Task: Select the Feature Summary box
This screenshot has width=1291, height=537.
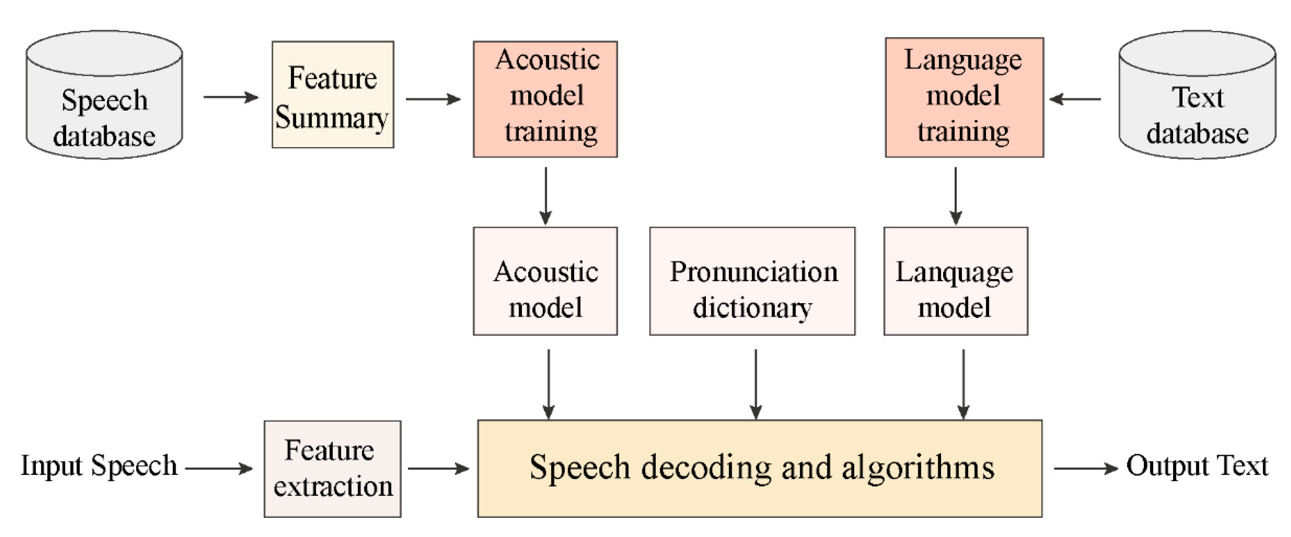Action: tap(333, 94)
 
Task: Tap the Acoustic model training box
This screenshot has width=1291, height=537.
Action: tap(545, 99)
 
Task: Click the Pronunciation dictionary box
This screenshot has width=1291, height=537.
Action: tap(752, 281)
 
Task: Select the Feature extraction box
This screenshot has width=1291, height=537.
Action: tap(332, 469)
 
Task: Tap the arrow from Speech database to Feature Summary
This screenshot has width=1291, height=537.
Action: tap(230, 97)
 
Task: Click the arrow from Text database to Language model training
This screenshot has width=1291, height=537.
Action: tap(1075, 99)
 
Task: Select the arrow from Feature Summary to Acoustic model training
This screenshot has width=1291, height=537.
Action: tap(433, 99)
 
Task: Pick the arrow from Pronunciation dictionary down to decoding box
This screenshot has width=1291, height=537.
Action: tap(756, 384)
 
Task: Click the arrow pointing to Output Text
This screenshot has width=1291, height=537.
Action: tap(1085, 468)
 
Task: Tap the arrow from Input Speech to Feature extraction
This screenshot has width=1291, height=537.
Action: tap(219, 469)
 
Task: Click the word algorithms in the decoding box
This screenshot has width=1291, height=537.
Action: tap(918, 467)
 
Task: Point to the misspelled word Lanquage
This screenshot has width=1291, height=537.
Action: tap(954, 273)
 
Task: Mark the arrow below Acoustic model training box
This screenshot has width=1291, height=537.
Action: tap(546, 195)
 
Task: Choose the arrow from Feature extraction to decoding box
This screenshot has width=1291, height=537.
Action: tap(438, 469)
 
